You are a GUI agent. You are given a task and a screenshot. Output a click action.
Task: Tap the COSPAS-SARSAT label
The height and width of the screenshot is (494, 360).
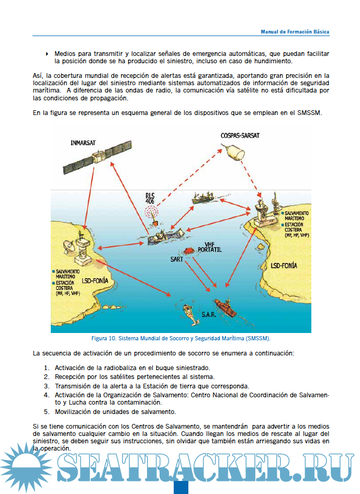pos(240,135)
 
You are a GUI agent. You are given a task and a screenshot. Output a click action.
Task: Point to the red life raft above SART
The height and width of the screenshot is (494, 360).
pos(187,250)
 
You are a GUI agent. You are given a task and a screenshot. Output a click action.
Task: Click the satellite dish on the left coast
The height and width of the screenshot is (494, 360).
pos(70,245)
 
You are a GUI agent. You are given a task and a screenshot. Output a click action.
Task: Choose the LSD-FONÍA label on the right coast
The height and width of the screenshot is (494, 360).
pos(284,266)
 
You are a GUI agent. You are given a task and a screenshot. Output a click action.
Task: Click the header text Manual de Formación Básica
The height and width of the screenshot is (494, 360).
pos(295,31)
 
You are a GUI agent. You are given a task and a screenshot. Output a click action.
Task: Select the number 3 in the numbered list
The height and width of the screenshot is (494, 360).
pos(47,386)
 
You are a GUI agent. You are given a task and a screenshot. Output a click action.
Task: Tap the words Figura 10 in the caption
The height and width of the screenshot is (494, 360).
pos(104,338)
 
